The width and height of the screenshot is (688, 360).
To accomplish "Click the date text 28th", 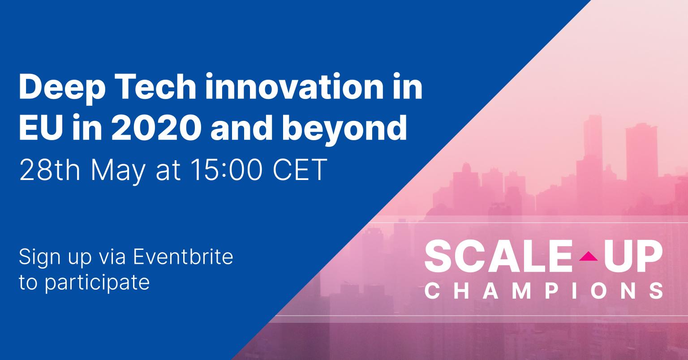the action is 49,170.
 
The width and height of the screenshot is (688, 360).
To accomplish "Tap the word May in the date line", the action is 118,172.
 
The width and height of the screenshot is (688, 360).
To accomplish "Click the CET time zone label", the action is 300,170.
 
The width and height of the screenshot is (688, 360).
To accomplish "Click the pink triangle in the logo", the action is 589,256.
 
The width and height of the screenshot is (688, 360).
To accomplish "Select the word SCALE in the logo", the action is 498,256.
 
